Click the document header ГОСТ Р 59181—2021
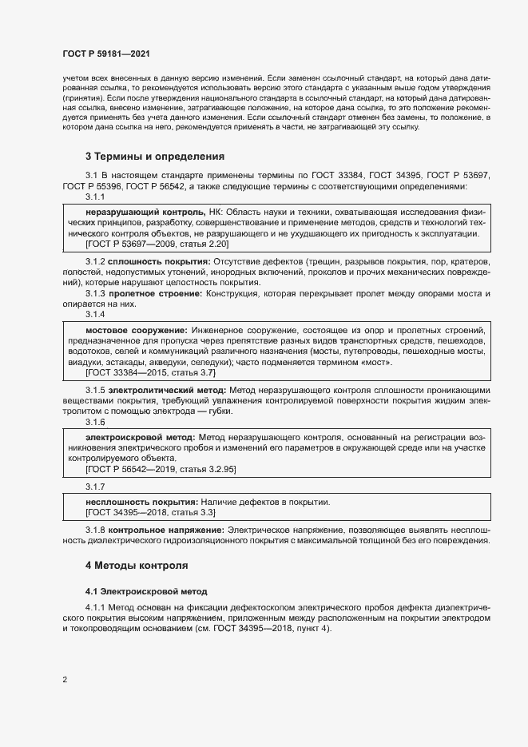(105, 54)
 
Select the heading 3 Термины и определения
(155, 157)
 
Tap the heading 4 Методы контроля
(137, 566)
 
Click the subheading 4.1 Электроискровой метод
(146, 592)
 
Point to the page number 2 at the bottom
(64, 680)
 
